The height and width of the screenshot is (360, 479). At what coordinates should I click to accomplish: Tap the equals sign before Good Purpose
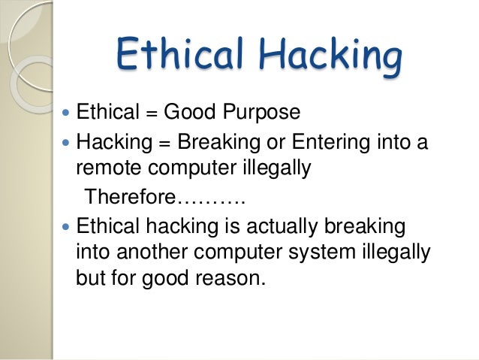(152, 113)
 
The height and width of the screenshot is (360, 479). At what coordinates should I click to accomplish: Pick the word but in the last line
(92, 279)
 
